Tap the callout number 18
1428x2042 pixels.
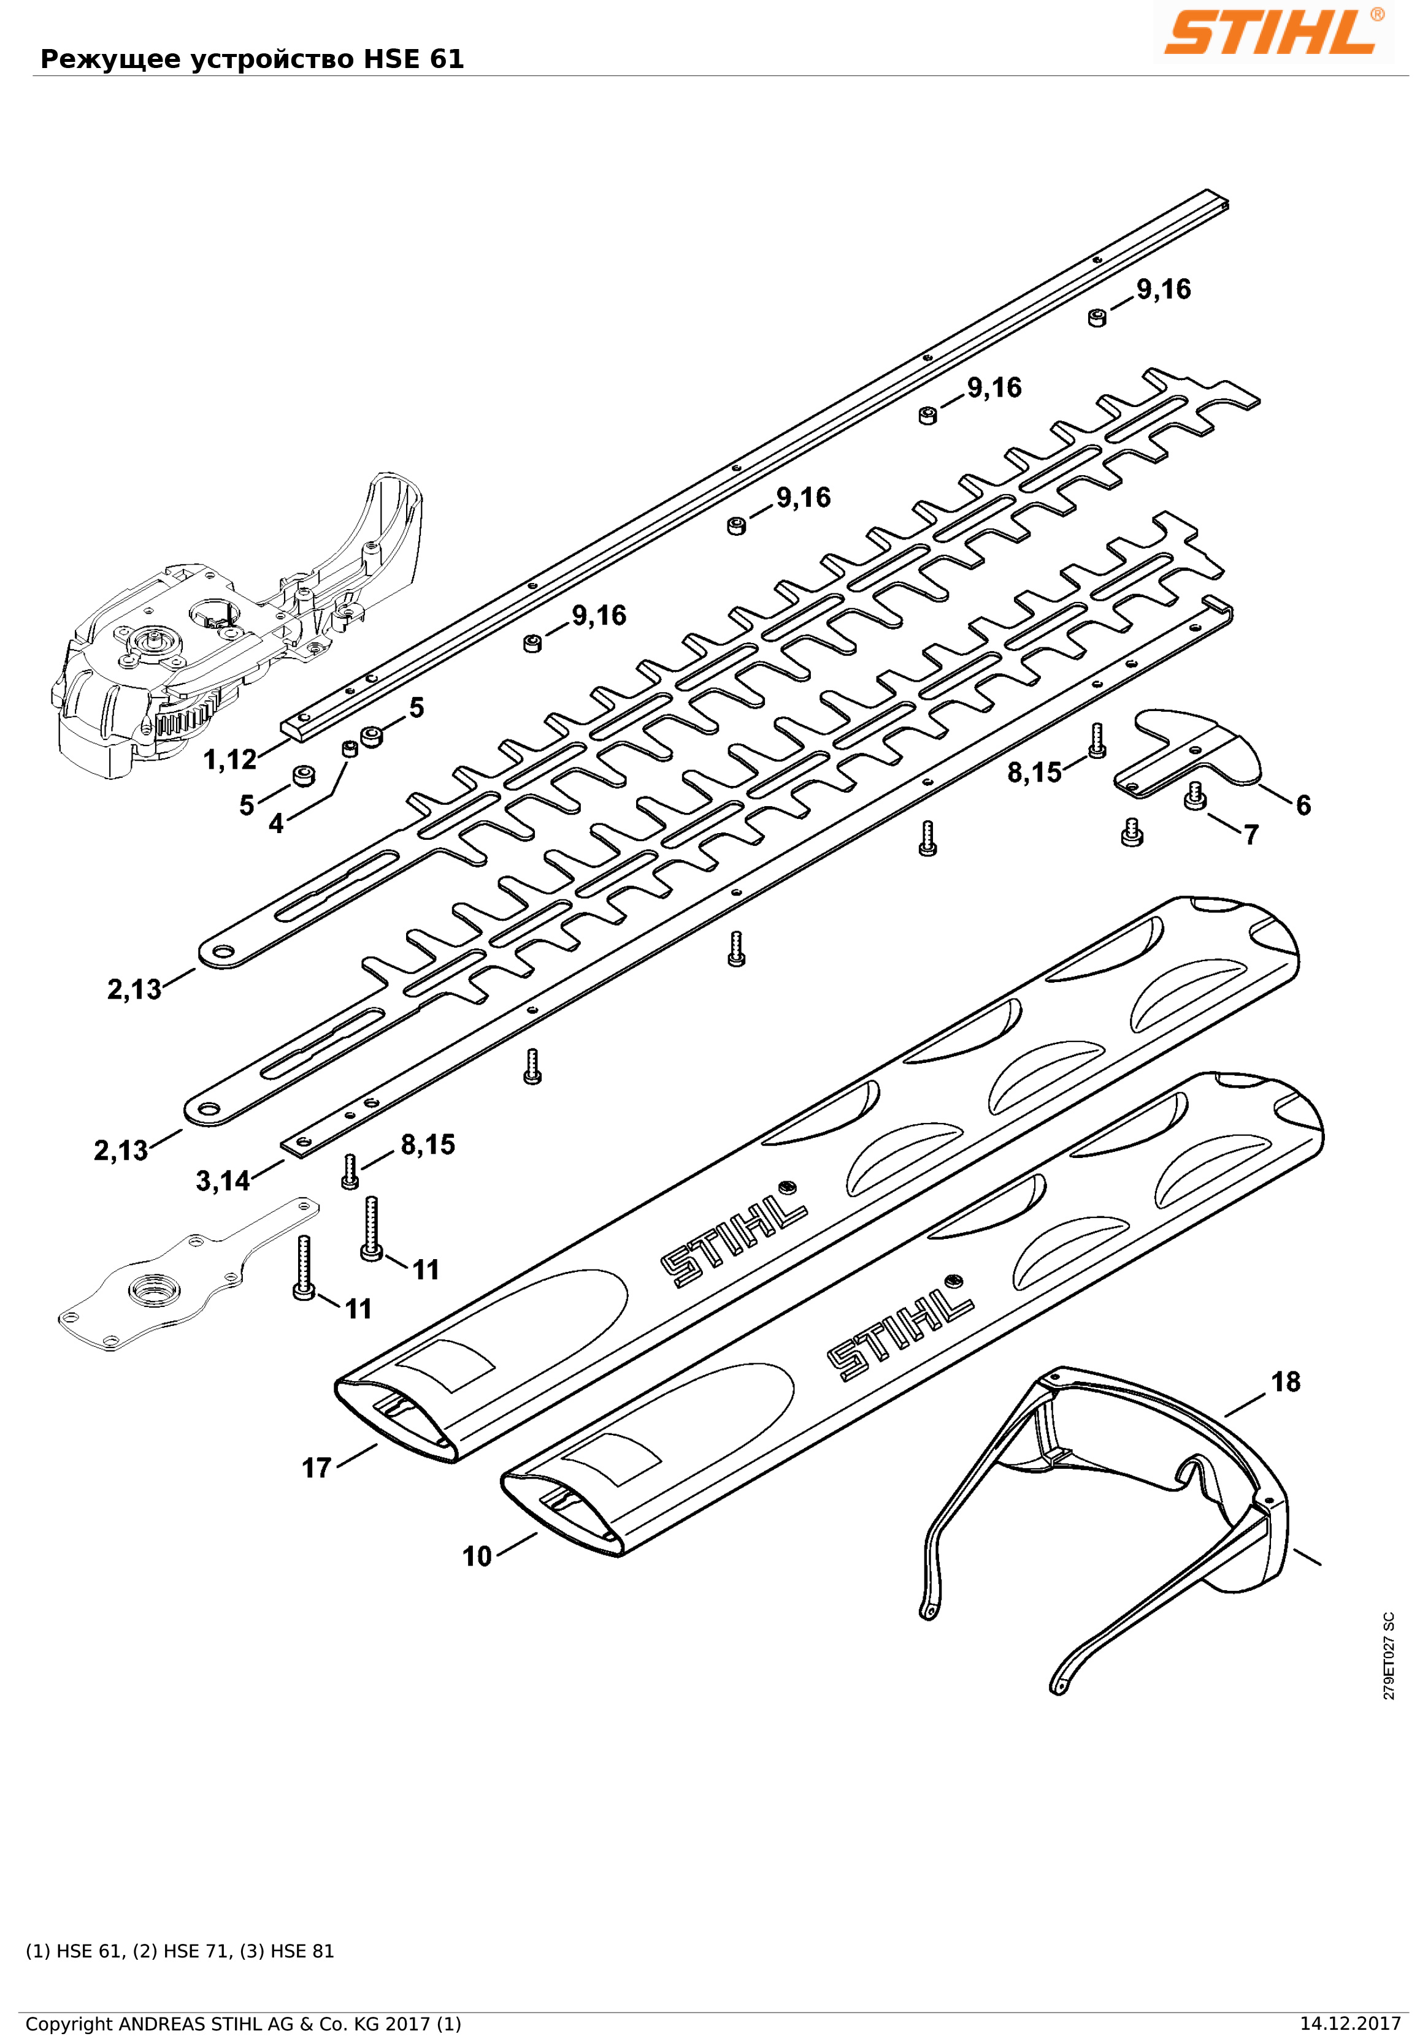(x=1284, y=1382)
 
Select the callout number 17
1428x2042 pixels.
(x=317, y=1468)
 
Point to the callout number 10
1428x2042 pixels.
(x=477, y=1556)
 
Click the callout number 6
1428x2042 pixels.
(x=1302, y=805)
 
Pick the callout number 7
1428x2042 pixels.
(x=1251, y=835)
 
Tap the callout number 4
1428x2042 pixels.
(x=276, y=823)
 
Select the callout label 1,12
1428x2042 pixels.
(x=229, y=760)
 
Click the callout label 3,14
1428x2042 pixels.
(x=223, y=1181)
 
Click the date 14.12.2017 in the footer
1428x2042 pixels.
(x=1349, y=2024)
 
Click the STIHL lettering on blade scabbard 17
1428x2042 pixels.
(x=734, y=1245)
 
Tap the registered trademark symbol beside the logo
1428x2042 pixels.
(x=1377, y=14)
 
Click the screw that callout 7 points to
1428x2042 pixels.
(x=1195, y=796)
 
